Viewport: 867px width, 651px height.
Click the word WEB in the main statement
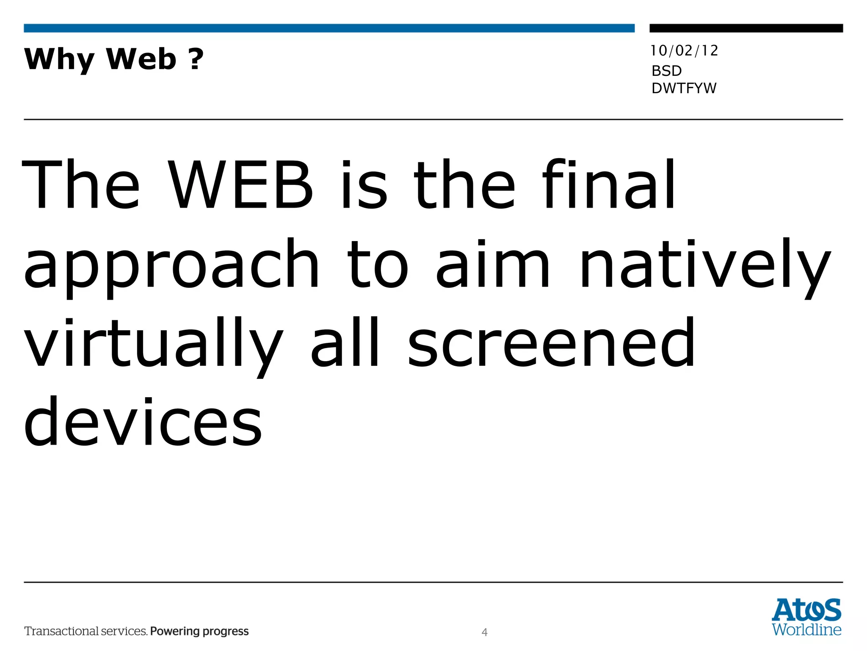[240, 185]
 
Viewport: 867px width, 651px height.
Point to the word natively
[705, 265]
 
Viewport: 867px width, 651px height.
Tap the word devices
[143, 422]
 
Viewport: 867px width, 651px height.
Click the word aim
[493, 265]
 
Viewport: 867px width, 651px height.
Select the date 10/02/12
[684, 51]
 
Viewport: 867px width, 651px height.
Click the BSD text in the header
[666, 71]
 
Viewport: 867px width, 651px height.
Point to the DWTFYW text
[684, 88]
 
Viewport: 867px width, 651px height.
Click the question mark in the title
[196, 59]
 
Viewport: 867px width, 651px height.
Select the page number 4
[484, 632]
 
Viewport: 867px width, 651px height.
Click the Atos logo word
[806, 610]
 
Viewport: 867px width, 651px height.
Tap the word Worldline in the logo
[806, 630]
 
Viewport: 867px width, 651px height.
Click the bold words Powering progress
[199, 632]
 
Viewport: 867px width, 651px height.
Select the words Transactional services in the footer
[86, 632]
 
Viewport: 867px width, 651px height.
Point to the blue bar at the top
[329, 28]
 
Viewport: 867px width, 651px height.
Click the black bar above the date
[746, 28]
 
